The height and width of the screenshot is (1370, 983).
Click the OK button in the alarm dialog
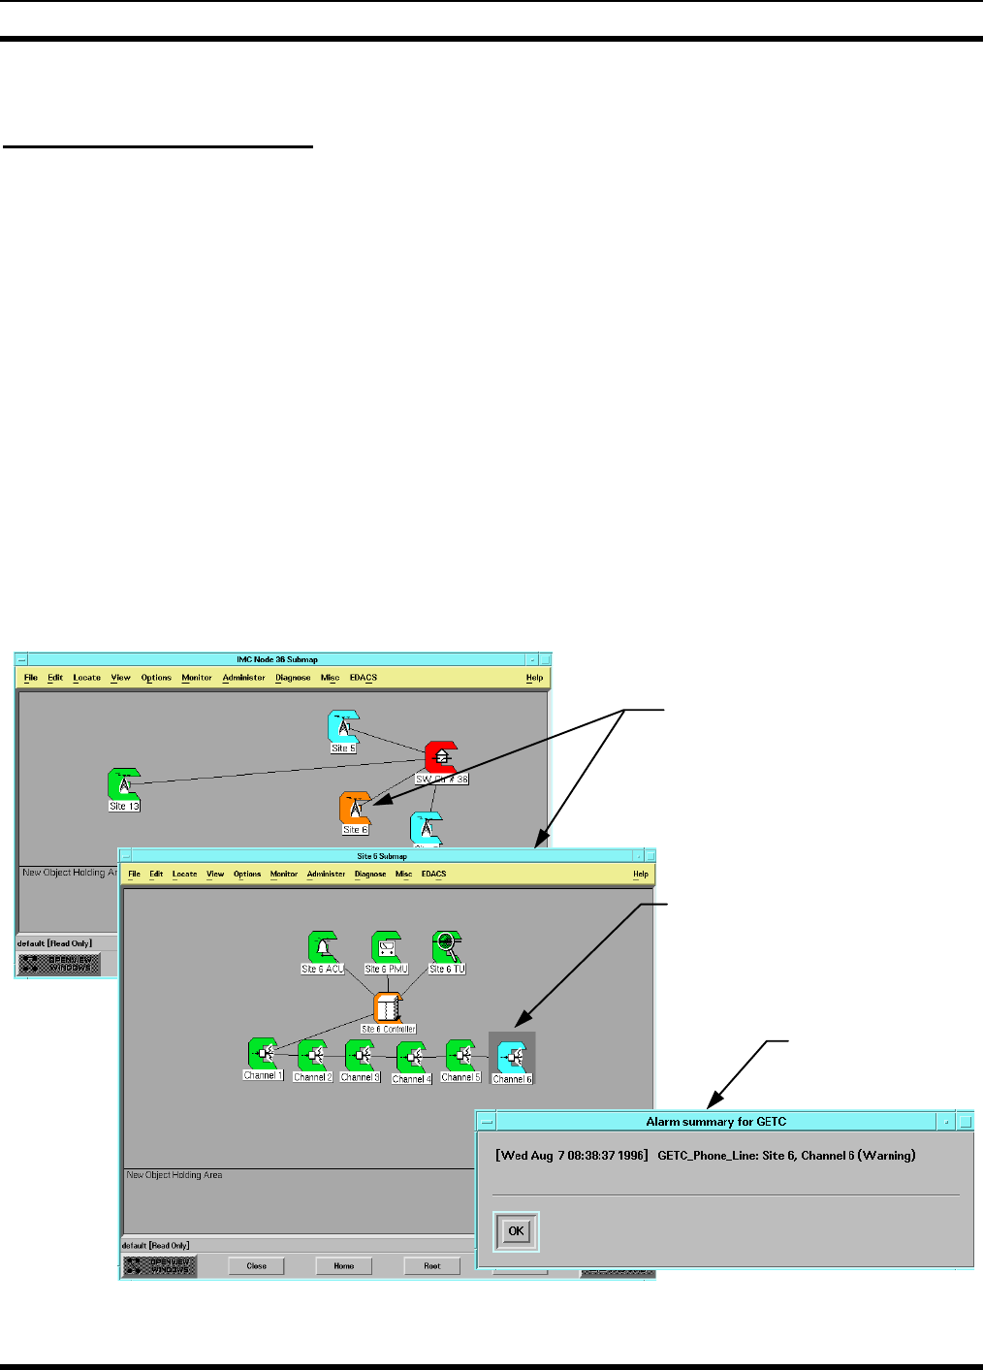pyautogui.click(x=516, y=1231)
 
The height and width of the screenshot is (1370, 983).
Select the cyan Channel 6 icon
pyautogui.click(x=511, y=1057)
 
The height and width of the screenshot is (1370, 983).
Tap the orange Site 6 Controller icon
pyautogui.click(x=388, y=1007)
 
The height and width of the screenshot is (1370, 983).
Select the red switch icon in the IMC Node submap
pyautogui.click(x=441, y=757)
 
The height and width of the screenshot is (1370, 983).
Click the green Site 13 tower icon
pyautogui.click(x=124, y=784)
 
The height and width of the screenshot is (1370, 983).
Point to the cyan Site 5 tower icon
pyautogui.click(x=343, y=727)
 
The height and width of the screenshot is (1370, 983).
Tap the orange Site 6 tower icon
pyautogui.click(x=356, y=809)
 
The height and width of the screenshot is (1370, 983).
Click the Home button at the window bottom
pyautogui.click(x=344, y=1266)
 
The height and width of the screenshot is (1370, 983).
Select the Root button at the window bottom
pyautogui.click(x=432, y=1266)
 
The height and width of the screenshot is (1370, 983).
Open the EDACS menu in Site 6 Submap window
pyautogui.click(x=433, y=875)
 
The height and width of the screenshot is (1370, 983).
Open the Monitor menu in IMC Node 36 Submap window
pyautogui.click(x=197, y=679)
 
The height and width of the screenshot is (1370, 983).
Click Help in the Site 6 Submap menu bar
pyautogui.click(x=641, y=875)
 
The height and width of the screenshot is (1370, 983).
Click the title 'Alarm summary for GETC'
pyautogui.click(x=716, y=1122)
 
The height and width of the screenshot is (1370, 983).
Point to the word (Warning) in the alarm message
pyautogui.click(x=886, y=1156)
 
